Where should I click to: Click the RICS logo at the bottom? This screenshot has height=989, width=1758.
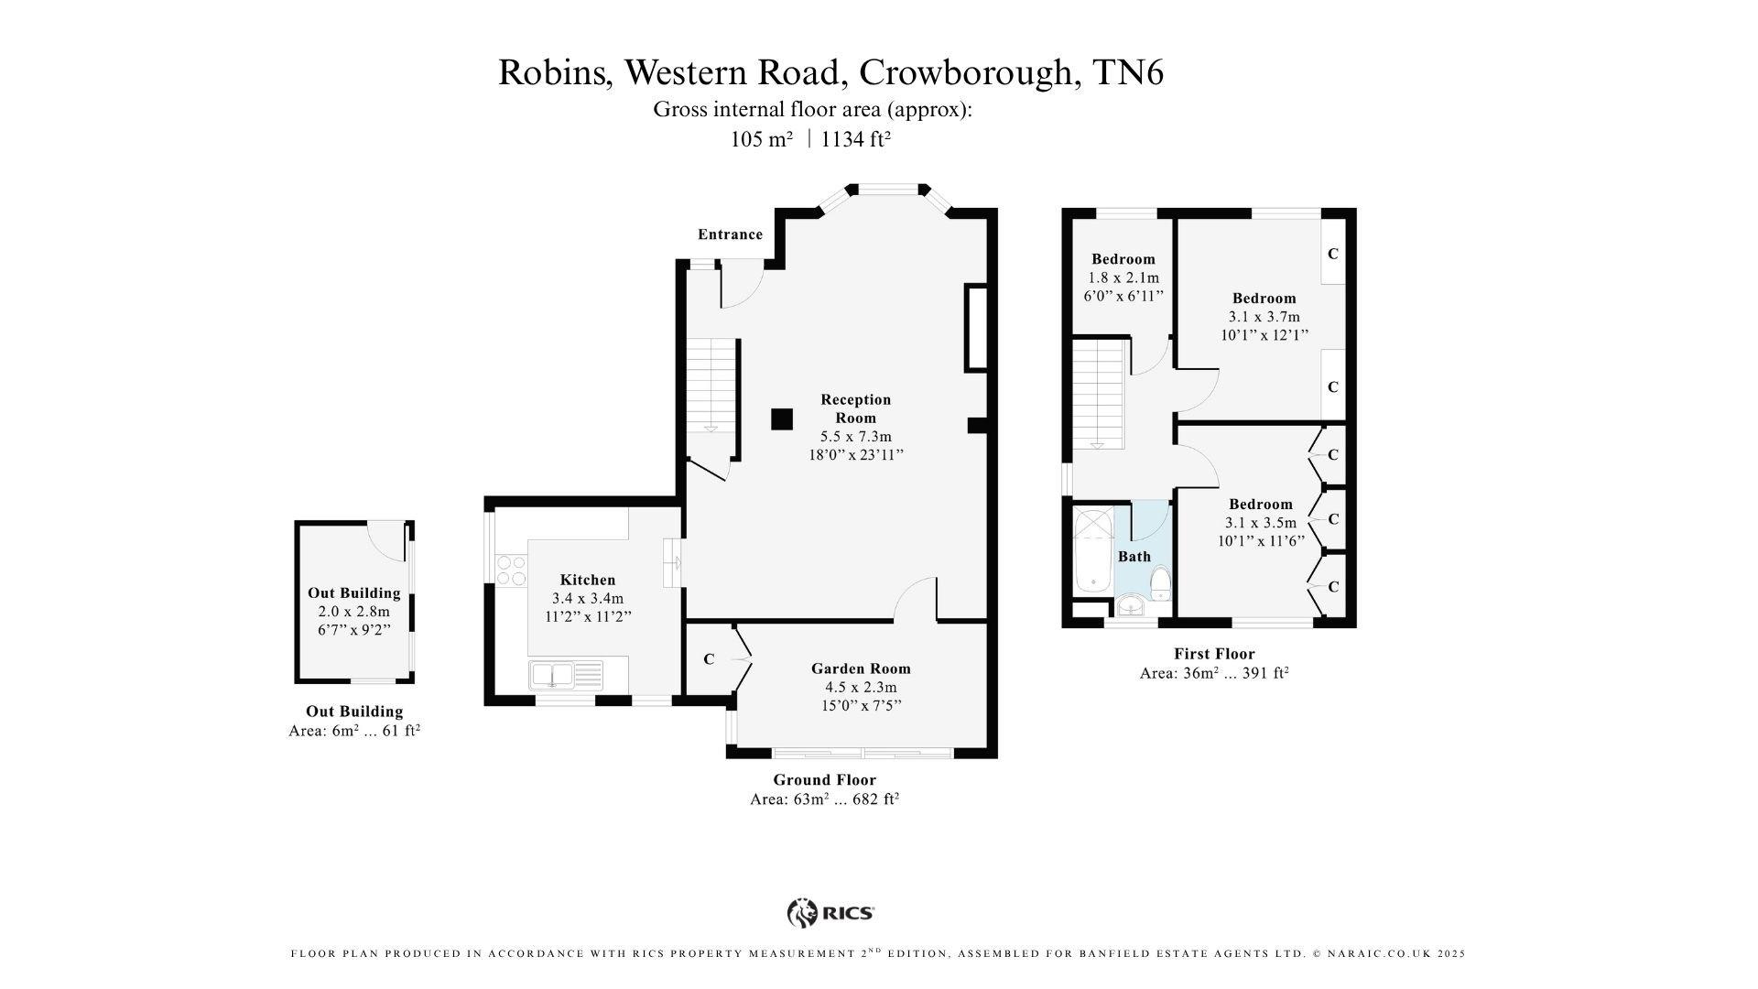(830, 913)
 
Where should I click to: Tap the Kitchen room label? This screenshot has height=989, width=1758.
(588, 580)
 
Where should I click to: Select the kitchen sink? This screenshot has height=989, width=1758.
(565, 675)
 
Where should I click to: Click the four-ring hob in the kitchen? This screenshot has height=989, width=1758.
(511, 571)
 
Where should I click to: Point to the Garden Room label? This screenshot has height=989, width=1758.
(861, 668)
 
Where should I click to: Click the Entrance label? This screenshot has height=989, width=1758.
(730, 234)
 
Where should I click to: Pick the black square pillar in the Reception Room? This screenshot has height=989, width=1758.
(781, 418)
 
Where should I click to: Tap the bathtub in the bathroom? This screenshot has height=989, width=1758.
(1092, 549)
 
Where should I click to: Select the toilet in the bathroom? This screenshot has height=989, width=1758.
(1161, 582)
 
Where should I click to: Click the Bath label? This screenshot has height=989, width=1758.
(1134, 557)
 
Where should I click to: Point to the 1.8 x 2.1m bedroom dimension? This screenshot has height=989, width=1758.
(1123, 277)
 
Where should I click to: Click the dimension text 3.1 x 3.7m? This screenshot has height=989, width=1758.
(1264, 317)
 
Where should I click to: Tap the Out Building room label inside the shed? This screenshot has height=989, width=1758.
(353, 593)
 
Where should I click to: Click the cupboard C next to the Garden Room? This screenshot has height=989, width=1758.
(709, 659)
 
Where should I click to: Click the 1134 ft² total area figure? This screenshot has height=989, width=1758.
(856, 139)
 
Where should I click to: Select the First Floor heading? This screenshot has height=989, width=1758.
(1214, 654)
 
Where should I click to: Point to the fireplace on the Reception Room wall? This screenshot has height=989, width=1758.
(976, 328)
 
